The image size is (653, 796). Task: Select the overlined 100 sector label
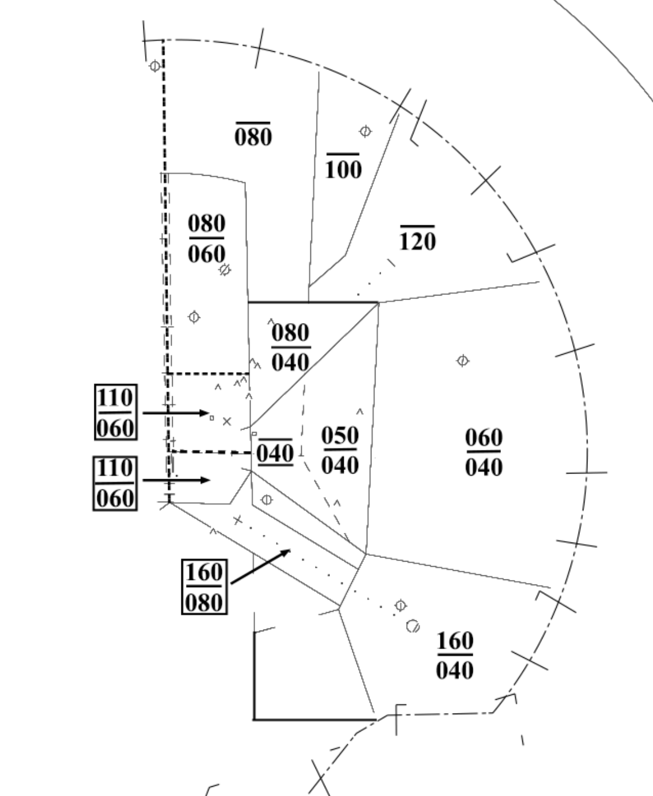coord(343,168)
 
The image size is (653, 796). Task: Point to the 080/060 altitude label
coord(207,238)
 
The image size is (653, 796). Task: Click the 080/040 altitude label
coord(291,347)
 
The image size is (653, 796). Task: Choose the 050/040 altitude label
coord(340,450)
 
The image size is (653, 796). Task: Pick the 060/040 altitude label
coord(484,452)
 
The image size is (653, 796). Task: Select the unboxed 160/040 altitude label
coord(455,655)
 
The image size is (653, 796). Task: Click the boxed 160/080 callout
coord(204,587)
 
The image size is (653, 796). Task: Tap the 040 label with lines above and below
coord(275,453)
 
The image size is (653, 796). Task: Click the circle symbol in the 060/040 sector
coord(462,361)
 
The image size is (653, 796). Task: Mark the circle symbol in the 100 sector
coord(365,131)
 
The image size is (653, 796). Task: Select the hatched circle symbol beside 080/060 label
coord(225,269)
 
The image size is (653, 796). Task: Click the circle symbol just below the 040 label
coord(266,500)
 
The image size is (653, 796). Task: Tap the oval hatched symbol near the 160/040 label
coord(413,626)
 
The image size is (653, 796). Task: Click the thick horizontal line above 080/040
coord(313,302)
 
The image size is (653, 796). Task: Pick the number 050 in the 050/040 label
coord(340,435)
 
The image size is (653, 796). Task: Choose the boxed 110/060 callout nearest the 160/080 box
coord(115,483)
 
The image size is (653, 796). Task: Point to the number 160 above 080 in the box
coord(204,573)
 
